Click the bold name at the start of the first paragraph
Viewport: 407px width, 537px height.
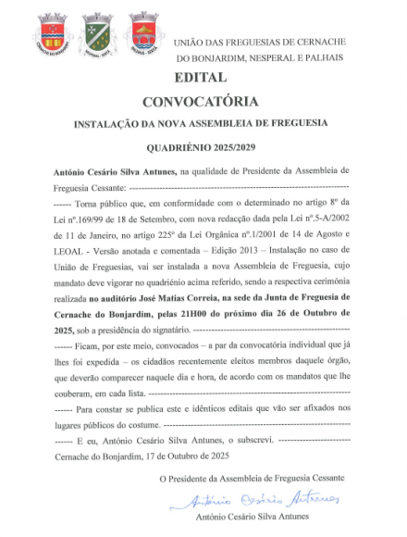tap(115, 173)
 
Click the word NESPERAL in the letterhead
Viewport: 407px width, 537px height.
tap(277, 56)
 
